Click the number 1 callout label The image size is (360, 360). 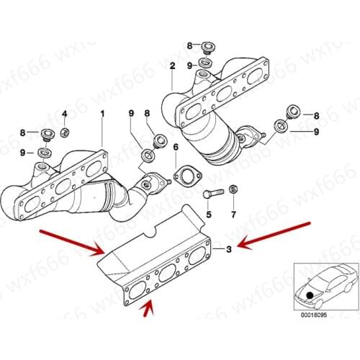[102, 113]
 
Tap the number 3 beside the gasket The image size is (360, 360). [228, 249]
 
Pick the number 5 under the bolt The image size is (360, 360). [208, 215]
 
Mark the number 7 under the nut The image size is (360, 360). [233, 215]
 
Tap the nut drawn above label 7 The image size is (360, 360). [233, 190]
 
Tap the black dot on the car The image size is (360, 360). [310, 294]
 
